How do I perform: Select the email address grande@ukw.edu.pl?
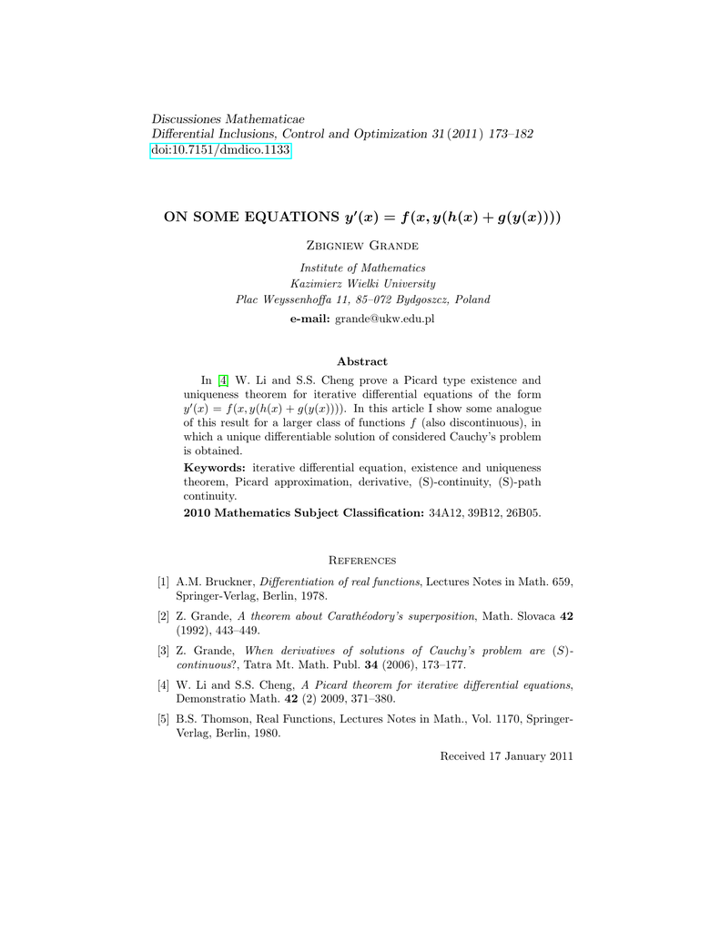point(385,319)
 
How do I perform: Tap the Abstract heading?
point(361,361)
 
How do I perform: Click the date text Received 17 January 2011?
point(506,756)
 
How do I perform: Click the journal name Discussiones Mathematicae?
point(228,119)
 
